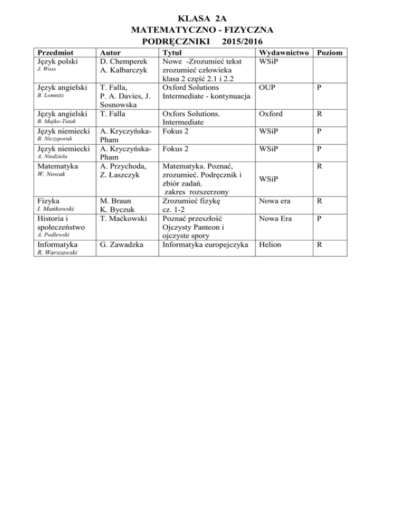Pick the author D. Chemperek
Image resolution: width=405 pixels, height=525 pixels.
pyautogui.click(x=124, y=61)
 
